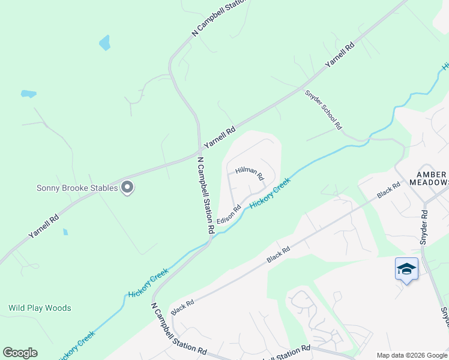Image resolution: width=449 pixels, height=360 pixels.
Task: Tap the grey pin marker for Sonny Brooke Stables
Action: [127, 188]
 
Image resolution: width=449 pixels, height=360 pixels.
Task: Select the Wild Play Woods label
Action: [40, 308]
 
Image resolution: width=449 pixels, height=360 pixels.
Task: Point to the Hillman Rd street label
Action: [249, 173]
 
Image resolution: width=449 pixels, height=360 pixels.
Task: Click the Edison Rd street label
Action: [229, 212]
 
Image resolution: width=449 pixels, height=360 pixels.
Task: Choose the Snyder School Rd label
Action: [323, 110]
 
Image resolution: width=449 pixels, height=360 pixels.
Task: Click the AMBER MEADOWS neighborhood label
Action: [428, 178]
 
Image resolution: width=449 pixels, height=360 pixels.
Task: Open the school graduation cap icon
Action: [406, 269]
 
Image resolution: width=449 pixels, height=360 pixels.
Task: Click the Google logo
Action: [20, 353]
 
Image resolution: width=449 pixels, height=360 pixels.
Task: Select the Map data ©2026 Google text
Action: [412, 355]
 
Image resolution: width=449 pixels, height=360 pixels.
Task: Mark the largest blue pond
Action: [105, 42]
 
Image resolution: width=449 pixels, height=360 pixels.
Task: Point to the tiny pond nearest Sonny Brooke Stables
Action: [65, 232]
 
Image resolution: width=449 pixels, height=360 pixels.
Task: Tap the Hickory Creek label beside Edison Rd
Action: [270, 192]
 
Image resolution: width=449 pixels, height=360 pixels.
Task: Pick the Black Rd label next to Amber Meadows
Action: [388, 191]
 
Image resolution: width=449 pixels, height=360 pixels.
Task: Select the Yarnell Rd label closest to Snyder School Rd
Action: [340, 55]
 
